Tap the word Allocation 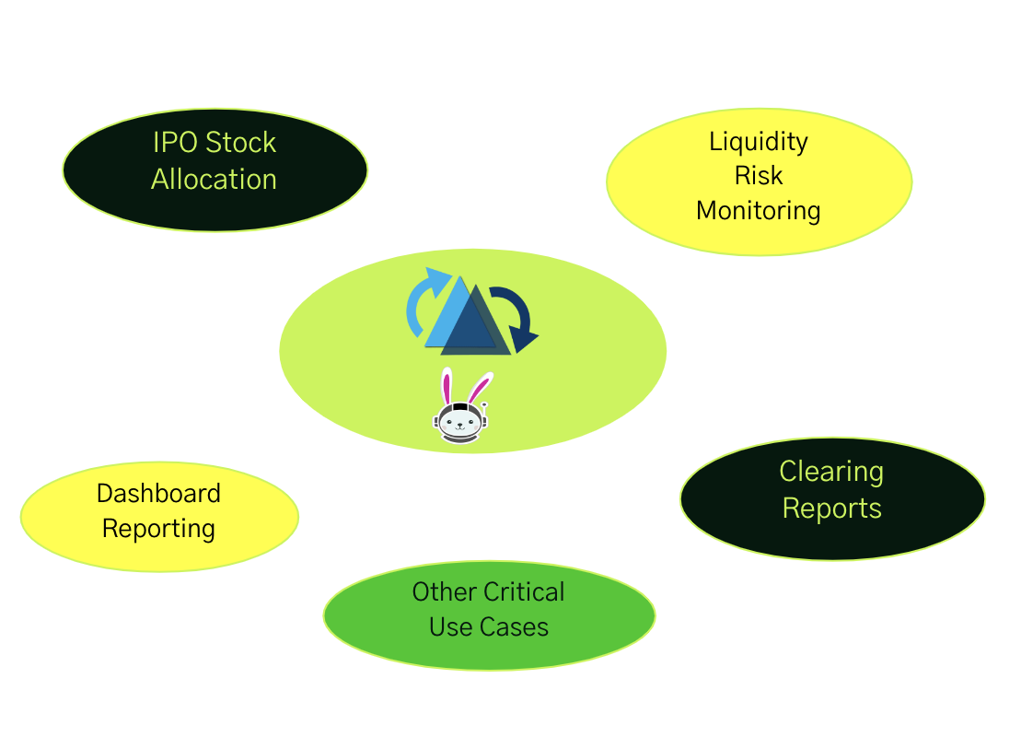214,179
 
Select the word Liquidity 759,141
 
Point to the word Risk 759,175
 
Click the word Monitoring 759,210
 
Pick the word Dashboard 158,493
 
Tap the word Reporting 158,529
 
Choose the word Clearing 831,472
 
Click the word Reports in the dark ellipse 831,509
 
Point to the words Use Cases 489,627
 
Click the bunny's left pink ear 447,386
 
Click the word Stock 240,143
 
